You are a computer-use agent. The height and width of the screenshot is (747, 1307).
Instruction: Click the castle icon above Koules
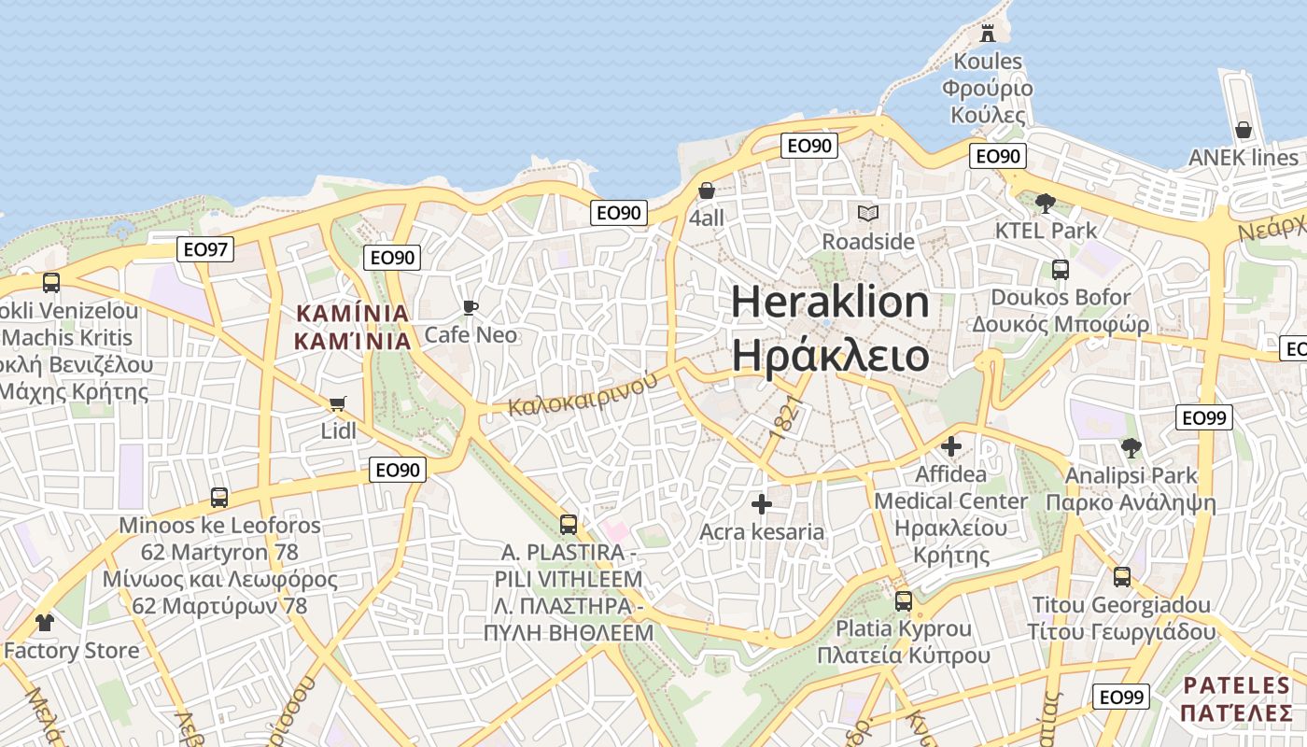coord(987,35)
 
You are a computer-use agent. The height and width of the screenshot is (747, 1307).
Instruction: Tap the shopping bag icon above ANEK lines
coord(1243,130)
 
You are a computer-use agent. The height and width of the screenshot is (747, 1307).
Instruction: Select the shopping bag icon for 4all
coord(707,190)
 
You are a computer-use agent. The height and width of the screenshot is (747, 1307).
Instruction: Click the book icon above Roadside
coord(868,214)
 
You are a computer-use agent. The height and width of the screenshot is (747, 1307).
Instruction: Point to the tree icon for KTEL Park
coord(1046,202)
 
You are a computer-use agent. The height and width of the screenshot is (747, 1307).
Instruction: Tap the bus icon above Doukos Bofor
coord(1061,270)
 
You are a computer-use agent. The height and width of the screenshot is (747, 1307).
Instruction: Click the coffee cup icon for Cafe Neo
coord(471,307)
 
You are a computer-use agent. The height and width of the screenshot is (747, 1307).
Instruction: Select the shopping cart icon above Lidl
coord(337,404)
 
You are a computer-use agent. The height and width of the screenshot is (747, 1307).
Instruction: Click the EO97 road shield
coord(205,249)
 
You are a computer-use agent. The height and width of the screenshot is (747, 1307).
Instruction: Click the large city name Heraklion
coord(830,303)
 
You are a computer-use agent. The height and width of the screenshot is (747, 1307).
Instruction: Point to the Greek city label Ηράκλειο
coord(830,356)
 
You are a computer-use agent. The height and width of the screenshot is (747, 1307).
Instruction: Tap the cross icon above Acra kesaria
coord(762,504)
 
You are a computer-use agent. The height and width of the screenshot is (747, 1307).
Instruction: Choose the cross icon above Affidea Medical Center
coord(951,446)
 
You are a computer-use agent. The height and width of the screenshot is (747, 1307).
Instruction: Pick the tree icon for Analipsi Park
coord(1131,448)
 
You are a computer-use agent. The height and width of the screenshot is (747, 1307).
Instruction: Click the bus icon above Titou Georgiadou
coord(1122,577)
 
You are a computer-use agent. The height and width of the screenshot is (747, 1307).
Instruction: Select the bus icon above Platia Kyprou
coord(903,601)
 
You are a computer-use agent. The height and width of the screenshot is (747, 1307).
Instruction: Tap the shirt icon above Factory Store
coord(44,622)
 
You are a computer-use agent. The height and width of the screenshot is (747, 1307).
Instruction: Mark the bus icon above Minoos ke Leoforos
coord(219,498)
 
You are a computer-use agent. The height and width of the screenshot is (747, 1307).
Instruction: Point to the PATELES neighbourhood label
coord(1237,685)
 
